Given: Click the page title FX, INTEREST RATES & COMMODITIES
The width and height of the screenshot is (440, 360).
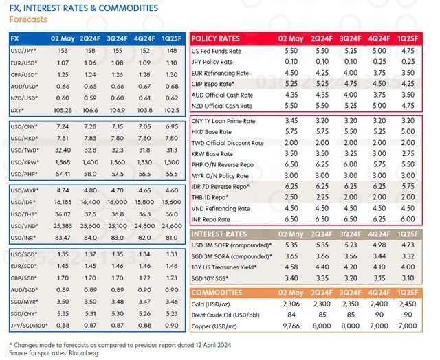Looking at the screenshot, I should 83,8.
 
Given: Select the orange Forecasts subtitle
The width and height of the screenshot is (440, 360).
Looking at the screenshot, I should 28,19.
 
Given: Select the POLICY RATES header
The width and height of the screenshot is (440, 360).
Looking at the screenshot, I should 216,38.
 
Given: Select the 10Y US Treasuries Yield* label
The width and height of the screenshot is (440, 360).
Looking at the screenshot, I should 229,267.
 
